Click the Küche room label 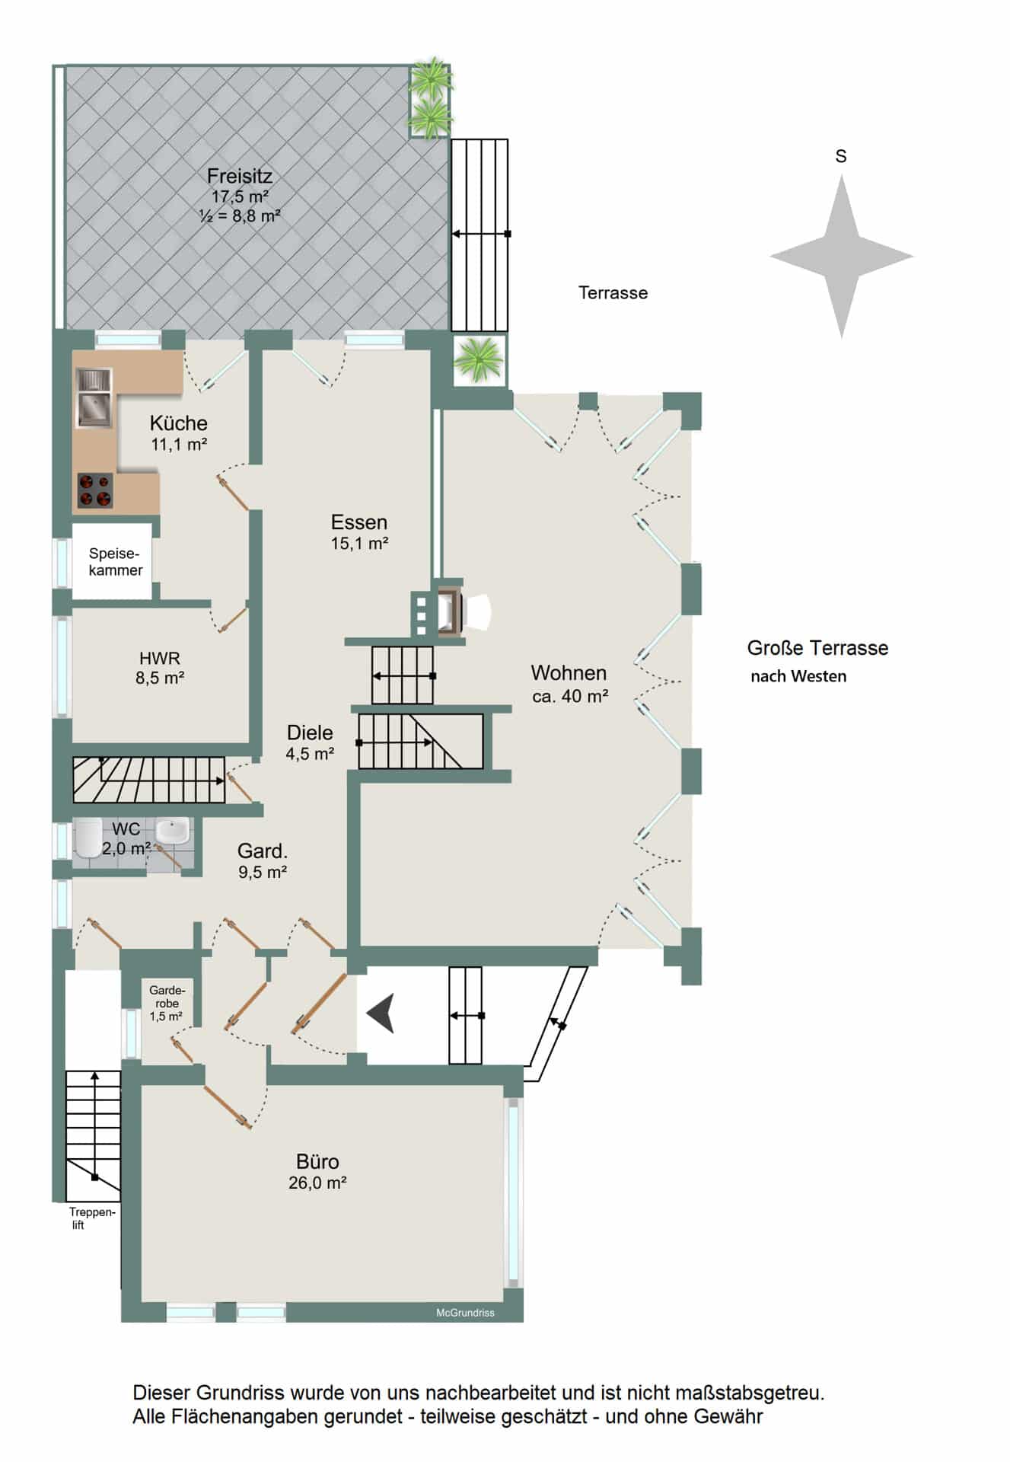178,423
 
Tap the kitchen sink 94,397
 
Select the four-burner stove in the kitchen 95,490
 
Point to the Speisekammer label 116,562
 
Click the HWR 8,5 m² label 160,668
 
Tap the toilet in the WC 88,838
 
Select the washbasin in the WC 173,830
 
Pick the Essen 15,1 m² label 359,531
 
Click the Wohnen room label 569,673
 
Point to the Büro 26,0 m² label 317,1171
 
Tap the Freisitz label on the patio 240,176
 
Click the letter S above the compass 841,156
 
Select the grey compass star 841,256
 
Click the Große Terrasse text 817,648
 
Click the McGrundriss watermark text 465,1313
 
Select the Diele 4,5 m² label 310,742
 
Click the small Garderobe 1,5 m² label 167,1003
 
